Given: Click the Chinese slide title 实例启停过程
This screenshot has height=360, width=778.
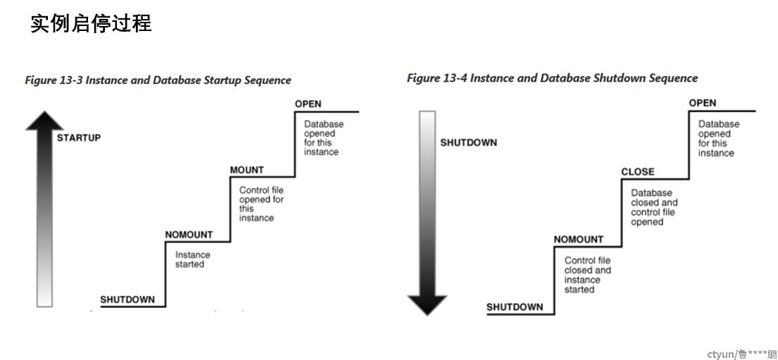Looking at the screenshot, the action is coord(91,23).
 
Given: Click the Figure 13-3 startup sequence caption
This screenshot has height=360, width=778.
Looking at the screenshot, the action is coord(158,80).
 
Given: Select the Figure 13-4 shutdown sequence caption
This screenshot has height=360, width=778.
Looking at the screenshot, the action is coord(552,78).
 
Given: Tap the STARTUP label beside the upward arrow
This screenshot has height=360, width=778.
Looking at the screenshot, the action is coord(78,137).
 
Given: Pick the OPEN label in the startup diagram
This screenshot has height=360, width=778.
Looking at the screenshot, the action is coord(308,104).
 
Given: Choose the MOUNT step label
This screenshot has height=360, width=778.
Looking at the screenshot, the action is coord(246,170).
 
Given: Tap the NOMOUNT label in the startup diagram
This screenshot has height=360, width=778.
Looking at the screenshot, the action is coord(189,235).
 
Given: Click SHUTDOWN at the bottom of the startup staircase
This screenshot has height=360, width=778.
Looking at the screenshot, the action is coord(127,299).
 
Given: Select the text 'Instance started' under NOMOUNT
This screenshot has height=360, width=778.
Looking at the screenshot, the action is coord(192,260).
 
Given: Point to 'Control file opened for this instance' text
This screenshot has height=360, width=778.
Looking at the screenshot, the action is coord(261,204).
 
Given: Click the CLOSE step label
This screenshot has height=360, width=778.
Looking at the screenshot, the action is coord(638,172).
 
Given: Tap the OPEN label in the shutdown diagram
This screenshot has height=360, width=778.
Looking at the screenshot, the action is coord(703,103).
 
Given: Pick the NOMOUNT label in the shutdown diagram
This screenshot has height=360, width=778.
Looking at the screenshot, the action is coord(579,240).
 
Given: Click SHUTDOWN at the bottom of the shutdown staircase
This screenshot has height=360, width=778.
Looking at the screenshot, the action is coord(515,307).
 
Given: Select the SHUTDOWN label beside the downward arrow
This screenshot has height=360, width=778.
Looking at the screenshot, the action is coord(468,142).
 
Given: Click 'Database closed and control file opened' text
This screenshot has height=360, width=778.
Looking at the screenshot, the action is coord(654,207).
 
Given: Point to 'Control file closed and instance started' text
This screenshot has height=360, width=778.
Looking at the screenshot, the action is coord(587,275).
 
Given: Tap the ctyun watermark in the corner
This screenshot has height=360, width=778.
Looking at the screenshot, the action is coord(742,354).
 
